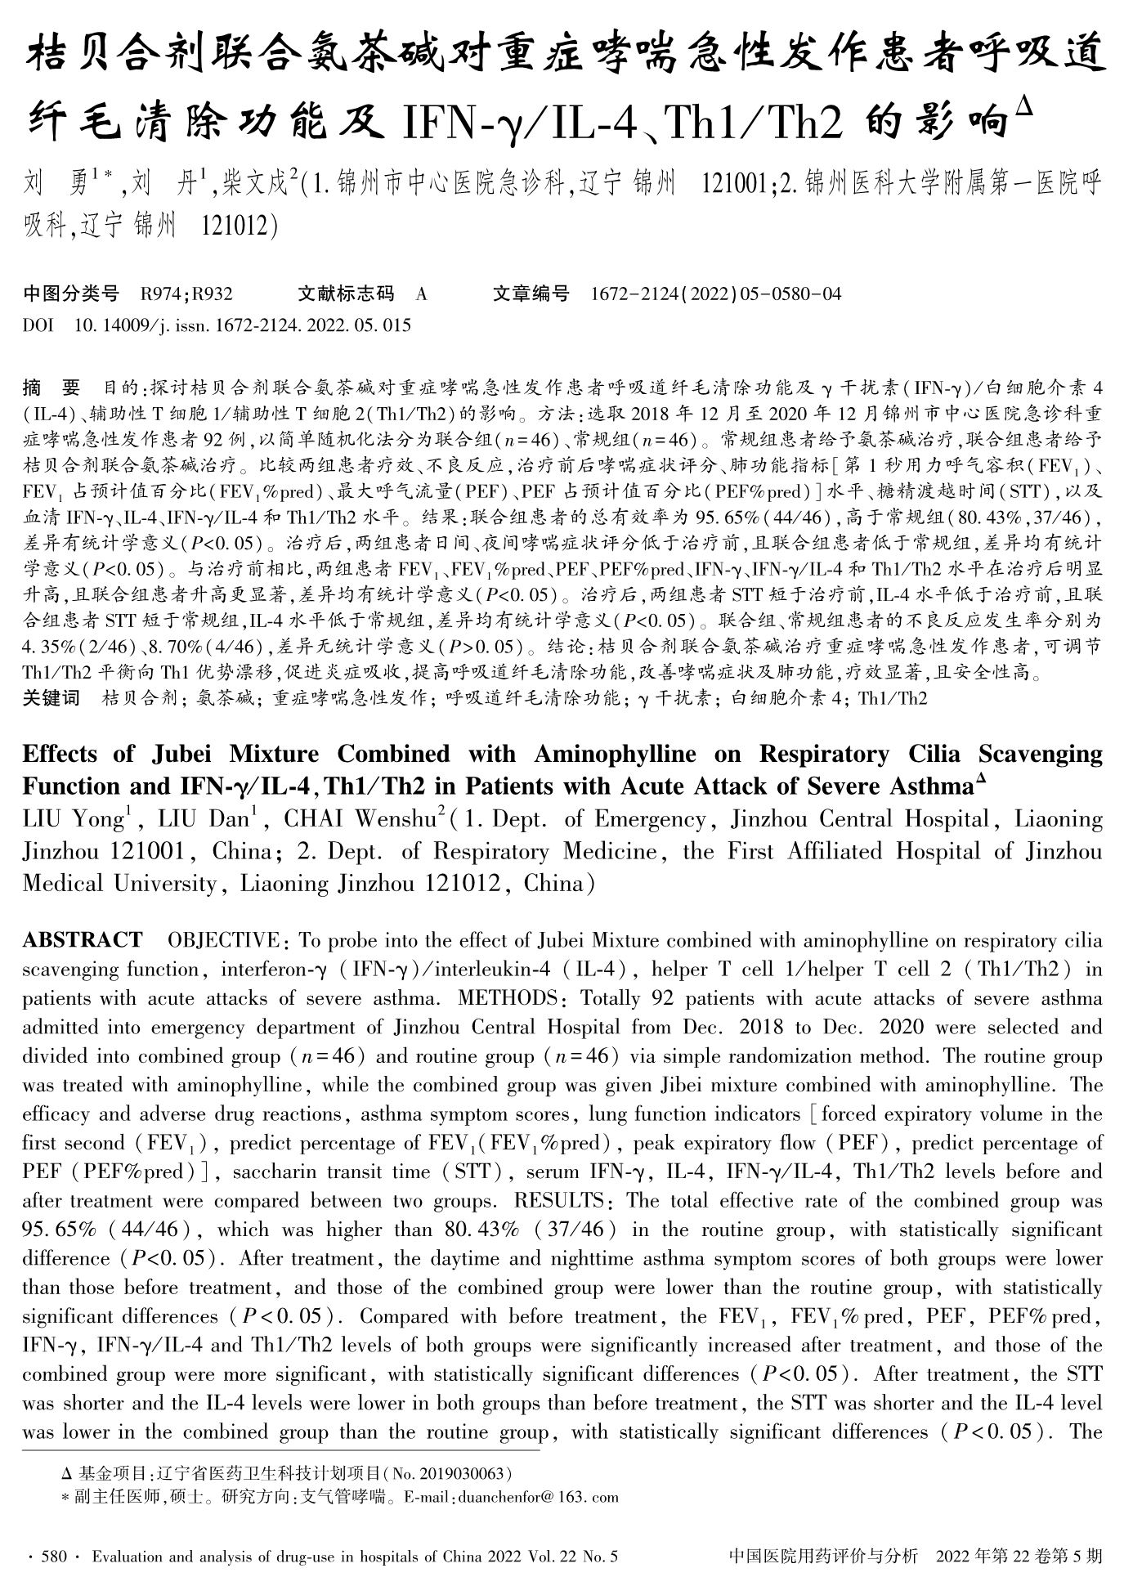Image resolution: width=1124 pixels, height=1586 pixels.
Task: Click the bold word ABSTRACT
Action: click(83, 940)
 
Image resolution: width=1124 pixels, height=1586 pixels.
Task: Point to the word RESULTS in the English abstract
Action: click(558, 1201)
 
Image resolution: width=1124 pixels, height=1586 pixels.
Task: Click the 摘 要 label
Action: click(52, 387)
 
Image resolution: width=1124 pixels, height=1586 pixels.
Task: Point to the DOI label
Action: click(38, 325)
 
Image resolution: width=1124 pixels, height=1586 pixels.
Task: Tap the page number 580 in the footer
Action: click(53, 1557)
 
